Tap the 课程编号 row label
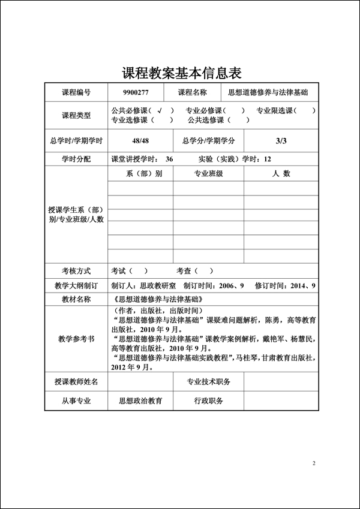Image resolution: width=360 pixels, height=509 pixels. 76,92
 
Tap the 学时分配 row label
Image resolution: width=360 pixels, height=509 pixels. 76,159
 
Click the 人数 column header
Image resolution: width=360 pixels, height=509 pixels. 278,173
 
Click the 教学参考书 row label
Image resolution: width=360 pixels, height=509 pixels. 76,339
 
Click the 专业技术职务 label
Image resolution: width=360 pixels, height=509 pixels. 208,381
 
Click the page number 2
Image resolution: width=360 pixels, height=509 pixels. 314,463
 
